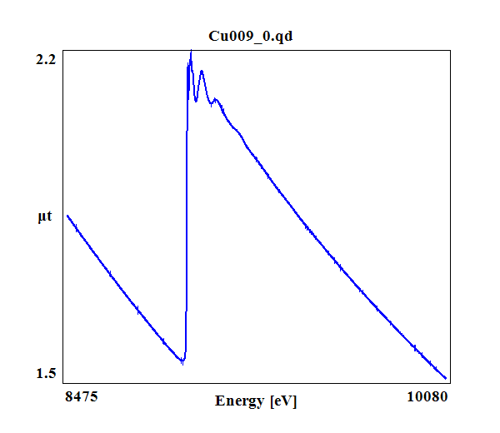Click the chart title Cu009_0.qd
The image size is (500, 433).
click(256, 36)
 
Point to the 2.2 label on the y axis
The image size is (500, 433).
click(47, 60)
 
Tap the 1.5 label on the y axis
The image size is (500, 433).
click(47, 372)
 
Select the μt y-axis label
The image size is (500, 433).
click(45, 217)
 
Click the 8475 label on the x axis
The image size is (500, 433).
click(82, 397)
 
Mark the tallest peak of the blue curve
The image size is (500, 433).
click(191, 52)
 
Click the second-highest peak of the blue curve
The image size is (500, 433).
click(202, 72)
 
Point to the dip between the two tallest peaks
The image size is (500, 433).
click(196, 101)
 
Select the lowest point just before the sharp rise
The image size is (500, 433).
click(182, 363)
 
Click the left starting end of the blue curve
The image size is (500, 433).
click(67, 215)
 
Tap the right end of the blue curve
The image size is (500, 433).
click(446, 379)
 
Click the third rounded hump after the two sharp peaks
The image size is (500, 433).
click(216, 100)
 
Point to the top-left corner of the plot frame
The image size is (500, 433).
click(63, 49)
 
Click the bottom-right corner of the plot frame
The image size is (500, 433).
click(451, 384)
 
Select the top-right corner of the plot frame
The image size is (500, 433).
click(451, 49)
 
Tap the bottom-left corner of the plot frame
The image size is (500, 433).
click(63, 384)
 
